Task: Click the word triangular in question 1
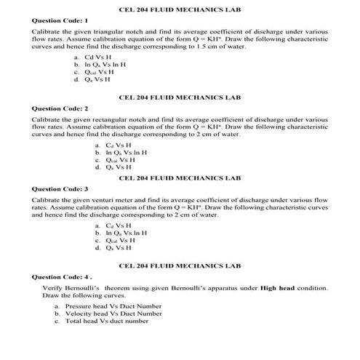click(x=111, y=33)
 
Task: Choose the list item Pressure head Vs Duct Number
click(x=113, y=307)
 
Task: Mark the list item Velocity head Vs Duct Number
click(x=113, y=314)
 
